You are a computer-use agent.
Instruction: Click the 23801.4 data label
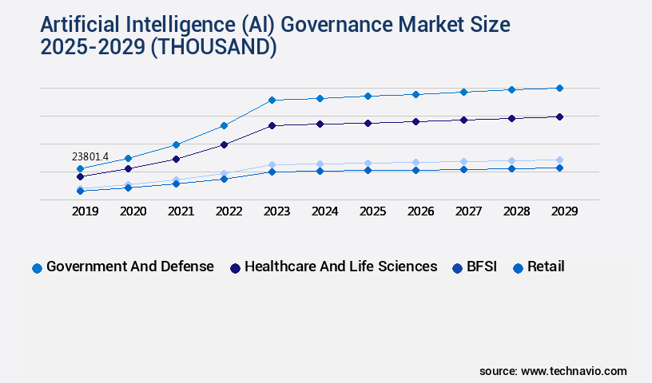[x=89, y=156]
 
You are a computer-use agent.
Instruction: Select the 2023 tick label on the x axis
[x=276, y=211]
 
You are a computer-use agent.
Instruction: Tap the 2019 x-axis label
[x=85, y=211]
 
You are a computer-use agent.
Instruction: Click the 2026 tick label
[x=420, y=211]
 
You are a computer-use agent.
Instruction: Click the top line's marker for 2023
[x=272, y=100]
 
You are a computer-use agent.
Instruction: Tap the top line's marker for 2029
[x=559, y=88]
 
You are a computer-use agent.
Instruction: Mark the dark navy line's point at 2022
[x=224, y=144]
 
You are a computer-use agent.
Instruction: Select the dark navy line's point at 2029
[x=559, y=116]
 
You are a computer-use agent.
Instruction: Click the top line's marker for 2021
[x=176, y=144]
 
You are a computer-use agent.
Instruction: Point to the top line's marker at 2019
[x=80, y=168]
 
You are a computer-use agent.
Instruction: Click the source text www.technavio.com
[x=574, y=371]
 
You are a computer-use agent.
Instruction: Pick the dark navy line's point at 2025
[x=368, y=123]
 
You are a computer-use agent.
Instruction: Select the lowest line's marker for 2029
[x=559, y=168]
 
